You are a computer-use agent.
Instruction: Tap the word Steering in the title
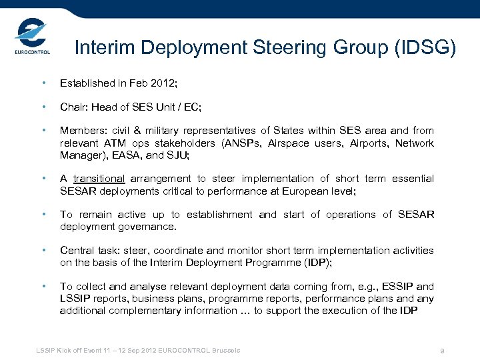pyautogui.click(x=291, y=48)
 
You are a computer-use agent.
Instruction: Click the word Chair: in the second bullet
pyautogui.click(x=74, y=107)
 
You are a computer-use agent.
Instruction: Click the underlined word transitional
pyautogui.click(x=99, y=179)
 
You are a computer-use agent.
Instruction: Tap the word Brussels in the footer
pyautogui.click(x=225, y=351)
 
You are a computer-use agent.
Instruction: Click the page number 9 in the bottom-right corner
pyautogui.click(x=442, y=351)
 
